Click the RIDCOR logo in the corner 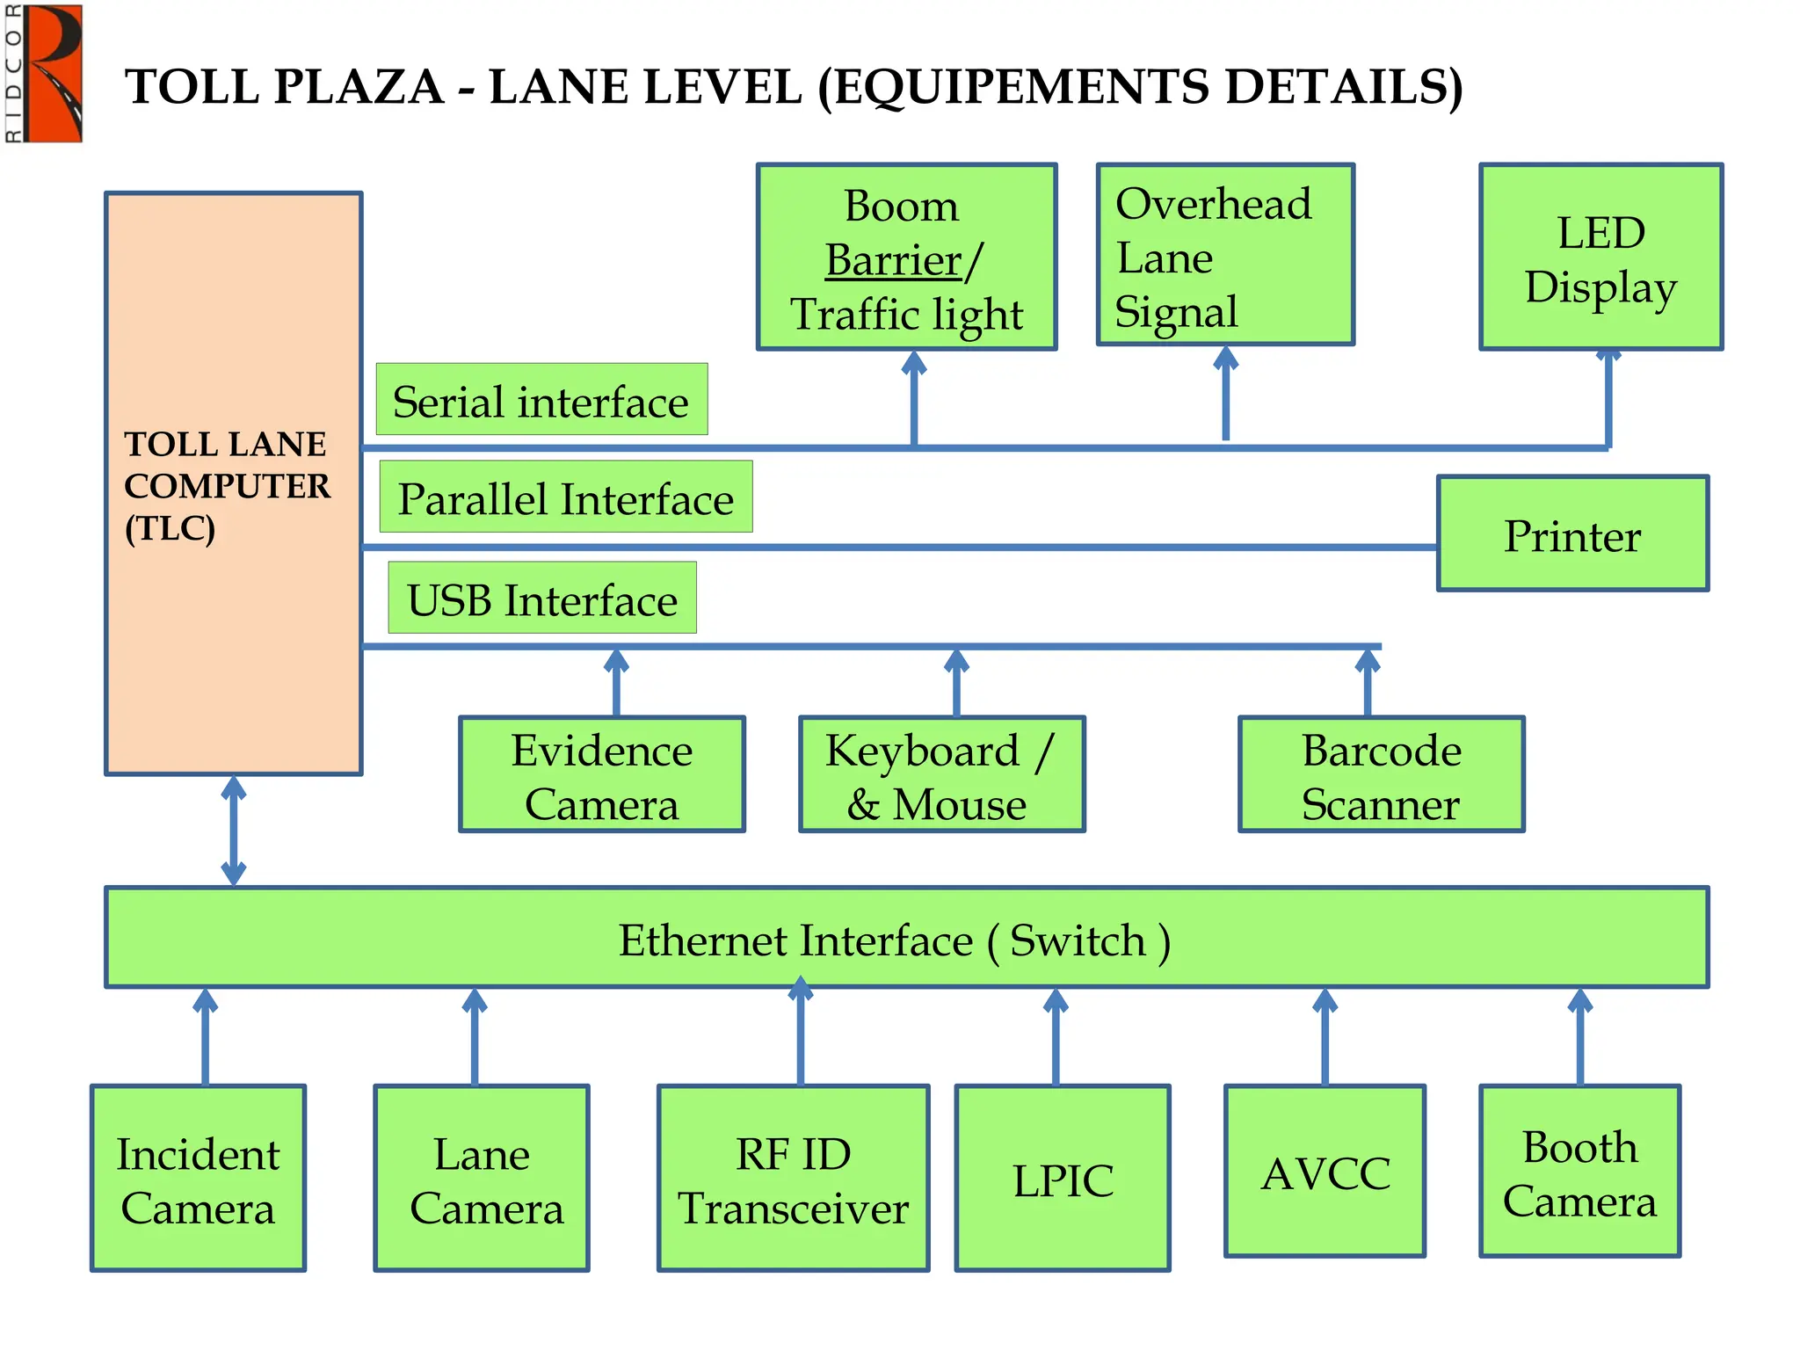click(x=44, y=73)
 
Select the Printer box click(x=1572, y=534)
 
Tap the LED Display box click(x=1600, y=258)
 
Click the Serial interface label click(x=541, y=400)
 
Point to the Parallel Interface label click(x=566, y=497)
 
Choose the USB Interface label click(x=542, y=599)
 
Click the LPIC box click(x=1063, y=1179)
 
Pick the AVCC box click(x=1325, y=1172)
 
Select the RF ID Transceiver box click(x=793, y=1179)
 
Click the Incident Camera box click(x=199, y=1179)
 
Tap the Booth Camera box click(x=1579, y=1172)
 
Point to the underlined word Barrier click(x=894, y=260)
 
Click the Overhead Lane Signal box click(x=1225, y=256)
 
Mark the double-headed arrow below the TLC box click(x=234, y=831)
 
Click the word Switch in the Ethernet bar click(x=1078, y=940)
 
